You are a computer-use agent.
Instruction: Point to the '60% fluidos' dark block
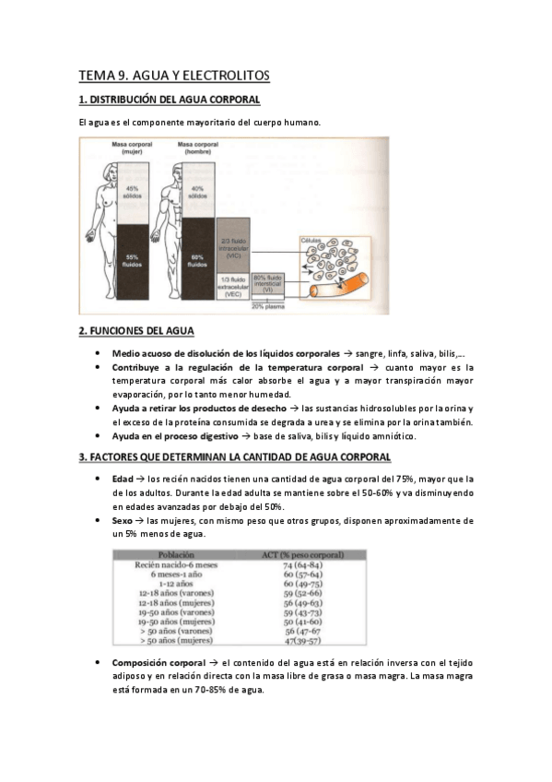coord(196,260)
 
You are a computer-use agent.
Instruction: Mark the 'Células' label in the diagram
coord(312,238)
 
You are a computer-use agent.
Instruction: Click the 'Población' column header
coord(175,555)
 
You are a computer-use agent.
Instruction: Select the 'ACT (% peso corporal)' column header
coord(302,555)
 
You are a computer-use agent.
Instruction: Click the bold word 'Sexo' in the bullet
coord(123,521)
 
